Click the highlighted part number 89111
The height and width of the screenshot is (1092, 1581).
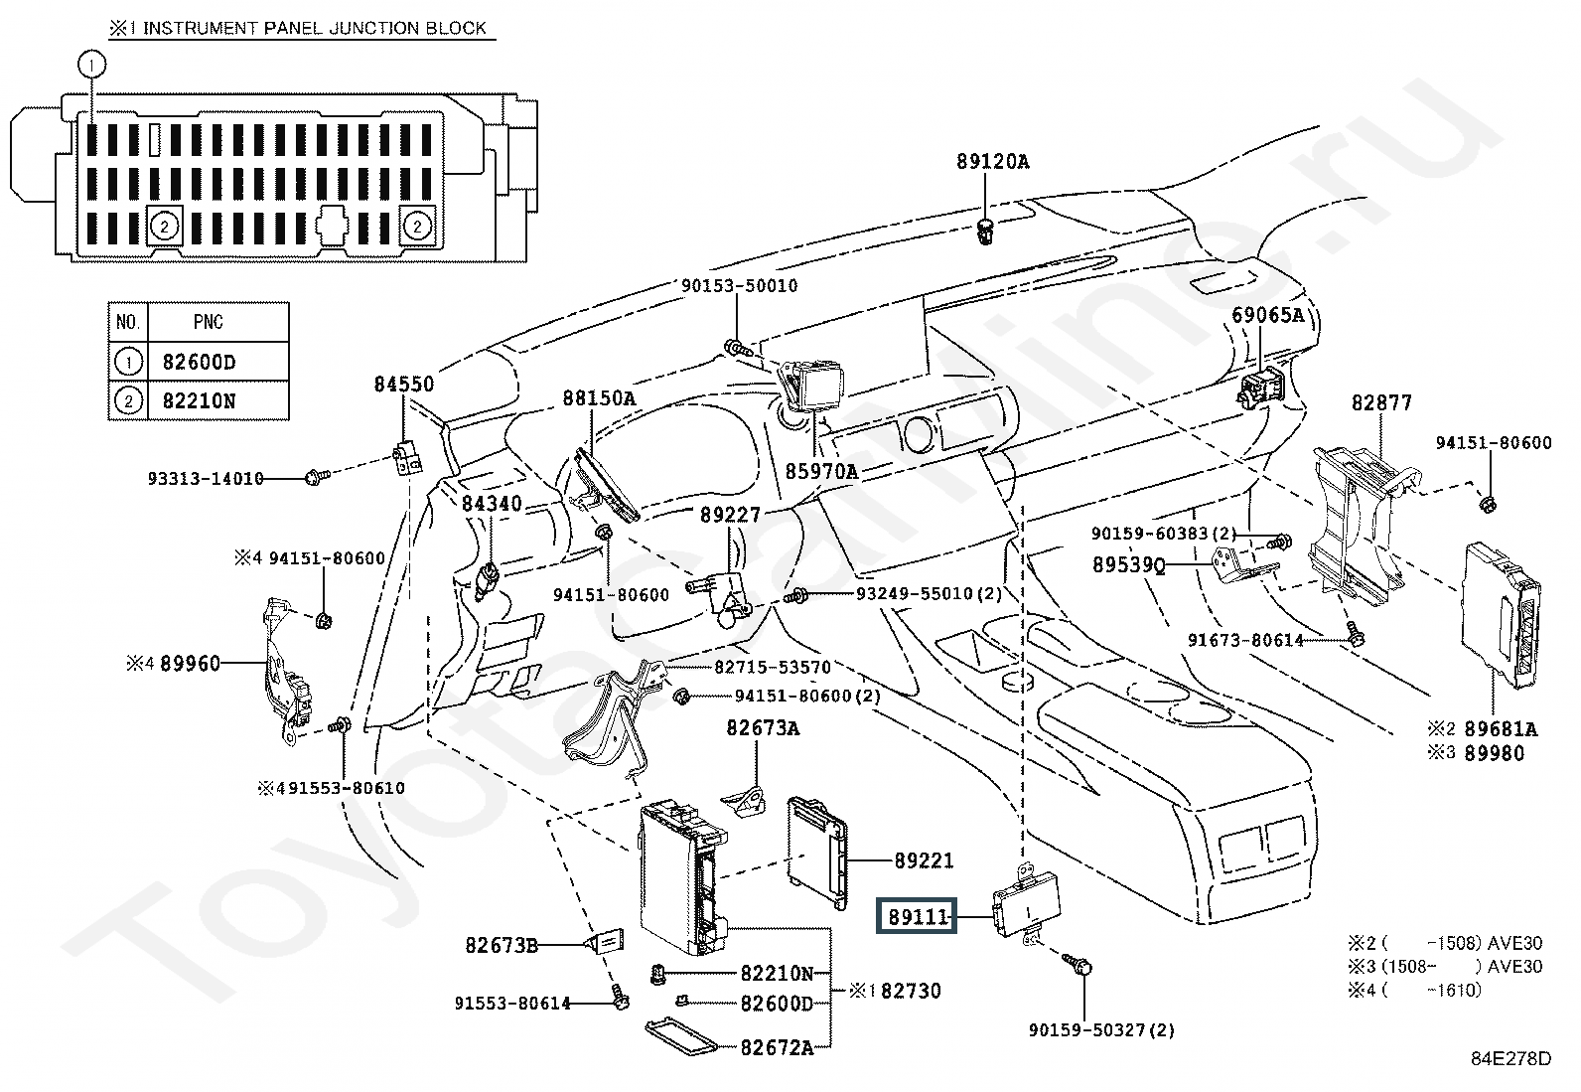913,917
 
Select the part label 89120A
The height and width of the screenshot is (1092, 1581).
993,161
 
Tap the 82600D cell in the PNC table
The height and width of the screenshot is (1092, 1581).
200,362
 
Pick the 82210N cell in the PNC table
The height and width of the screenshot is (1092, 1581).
200,401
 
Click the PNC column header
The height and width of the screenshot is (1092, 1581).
209,322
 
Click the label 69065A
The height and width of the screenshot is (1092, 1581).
1267,316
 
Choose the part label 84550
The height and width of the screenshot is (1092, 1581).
404,384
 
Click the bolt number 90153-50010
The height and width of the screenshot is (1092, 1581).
739,286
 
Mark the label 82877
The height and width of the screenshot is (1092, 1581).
1381,402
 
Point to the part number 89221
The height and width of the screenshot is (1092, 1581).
923,861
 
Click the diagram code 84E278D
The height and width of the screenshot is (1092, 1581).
1510,1059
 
